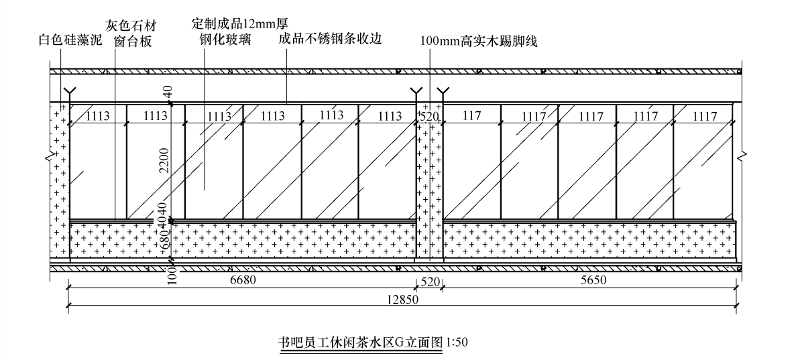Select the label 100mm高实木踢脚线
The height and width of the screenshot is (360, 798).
click(479, 41)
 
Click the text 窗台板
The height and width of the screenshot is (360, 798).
click(133, 42)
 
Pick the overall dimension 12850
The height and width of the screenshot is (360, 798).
click(402, 300)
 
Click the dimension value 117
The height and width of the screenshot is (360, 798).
click(472, 116)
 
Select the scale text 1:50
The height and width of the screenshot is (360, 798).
click(456, 342)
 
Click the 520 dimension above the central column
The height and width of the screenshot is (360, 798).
click(429, 116)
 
